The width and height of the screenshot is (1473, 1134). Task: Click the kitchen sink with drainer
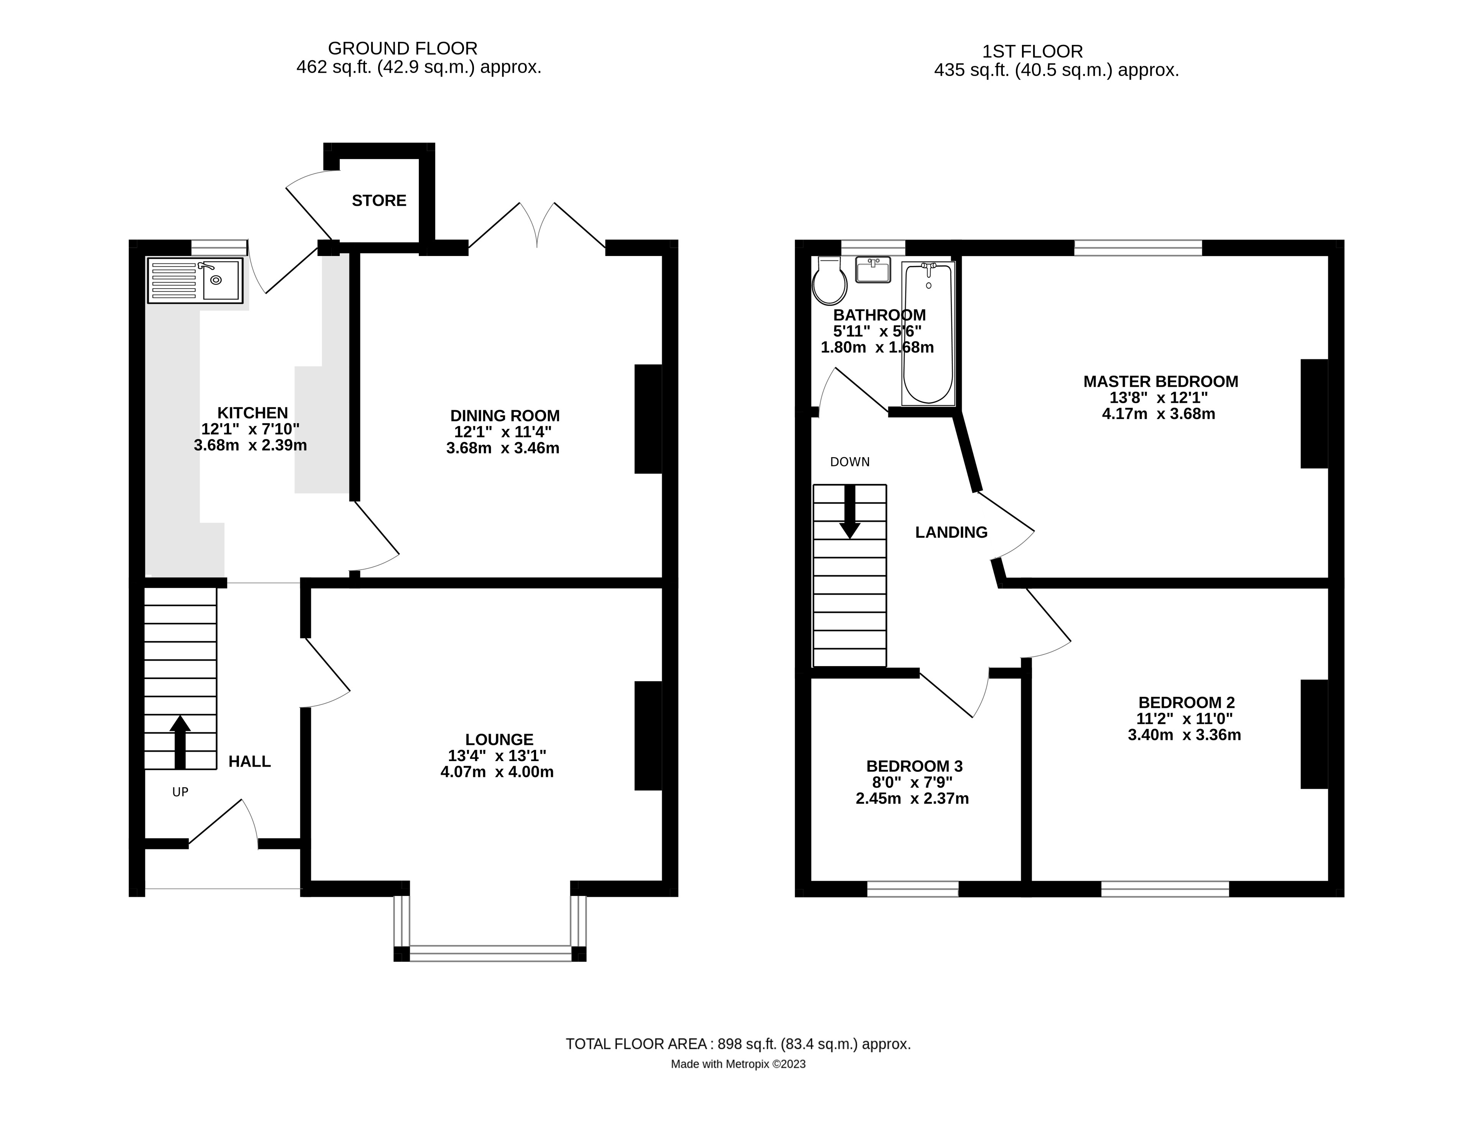click(x=195, y=281)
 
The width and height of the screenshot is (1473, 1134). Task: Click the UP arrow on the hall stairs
click(x=179, y=742)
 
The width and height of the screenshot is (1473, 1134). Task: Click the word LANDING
click(x=951, y=533)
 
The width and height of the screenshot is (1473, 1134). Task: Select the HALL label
click(x=250, y=762)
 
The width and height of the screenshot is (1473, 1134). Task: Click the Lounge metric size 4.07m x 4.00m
click(x=497, y=772)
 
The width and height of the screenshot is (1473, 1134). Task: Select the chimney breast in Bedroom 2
click(x=1314, y=734)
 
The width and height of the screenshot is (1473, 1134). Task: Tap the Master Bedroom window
click(x=1138, y=248)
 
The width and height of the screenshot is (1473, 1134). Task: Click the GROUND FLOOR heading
click(x=403, y=49)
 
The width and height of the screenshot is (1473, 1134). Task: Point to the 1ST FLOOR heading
click(x=1033, y=51)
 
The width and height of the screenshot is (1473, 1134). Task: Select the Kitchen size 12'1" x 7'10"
click(x=250, y=429)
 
